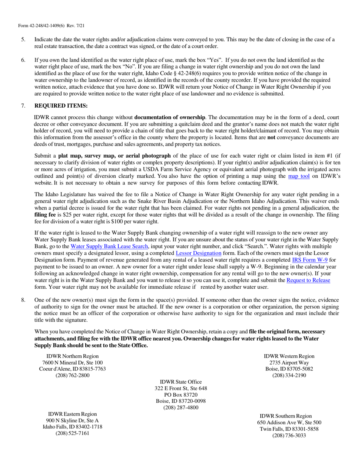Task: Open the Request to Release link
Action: tap(308, 280)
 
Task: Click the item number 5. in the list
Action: tap(23, 39)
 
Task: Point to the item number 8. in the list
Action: tap(23, 300)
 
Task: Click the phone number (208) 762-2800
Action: tap(72, 375)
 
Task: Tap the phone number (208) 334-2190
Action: tap(289, 375)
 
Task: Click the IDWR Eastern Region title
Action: tap(72, 414)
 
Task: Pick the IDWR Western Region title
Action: tap(289, 356)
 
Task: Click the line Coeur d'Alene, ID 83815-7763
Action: tap(72, 369)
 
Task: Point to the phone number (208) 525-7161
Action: tap(72, 433)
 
